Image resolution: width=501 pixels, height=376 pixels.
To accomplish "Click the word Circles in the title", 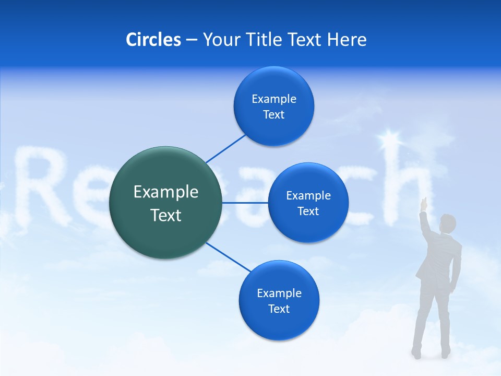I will point(153,39).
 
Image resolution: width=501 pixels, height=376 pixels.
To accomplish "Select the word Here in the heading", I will point(347,39).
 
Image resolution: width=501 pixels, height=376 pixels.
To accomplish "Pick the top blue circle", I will point(273,106).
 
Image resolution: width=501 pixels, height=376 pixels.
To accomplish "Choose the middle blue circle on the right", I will point(308,203).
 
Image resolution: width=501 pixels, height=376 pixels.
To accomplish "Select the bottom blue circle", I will point(279,300).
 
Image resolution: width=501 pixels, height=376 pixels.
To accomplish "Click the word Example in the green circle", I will point(166,192).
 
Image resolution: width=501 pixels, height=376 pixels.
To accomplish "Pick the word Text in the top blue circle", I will point(273,115).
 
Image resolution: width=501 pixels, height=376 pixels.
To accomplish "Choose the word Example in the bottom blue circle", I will point(279,293).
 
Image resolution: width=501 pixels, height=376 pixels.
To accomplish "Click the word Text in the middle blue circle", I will point(308,211).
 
